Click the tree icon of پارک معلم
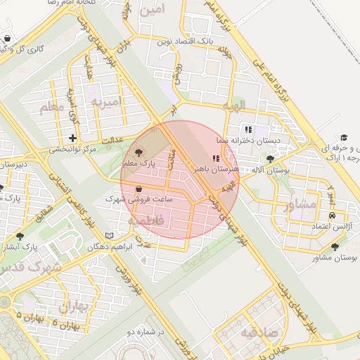137,152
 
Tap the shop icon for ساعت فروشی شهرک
137,188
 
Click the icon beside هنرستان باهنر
215,158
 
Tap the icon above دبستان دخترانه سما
248,129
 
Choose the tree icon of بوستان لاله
271,160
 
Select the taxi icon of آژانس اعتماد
331,215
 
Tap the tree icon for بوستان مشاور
335,247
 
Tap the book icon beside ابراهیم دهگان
108,235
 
